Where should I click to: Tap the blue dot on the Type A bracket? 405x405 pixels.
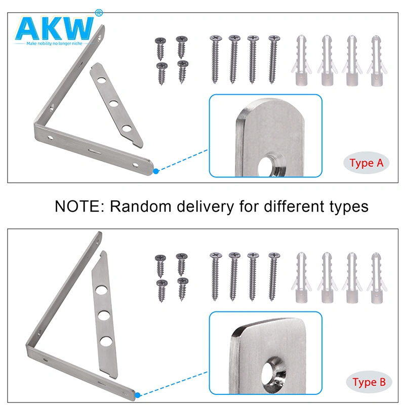pos(156,172)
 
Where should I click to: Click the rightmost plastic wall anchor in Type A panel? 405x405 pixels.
pos(375,61)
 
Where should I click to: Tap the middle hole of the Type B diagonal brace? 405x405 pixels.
pos(104,315)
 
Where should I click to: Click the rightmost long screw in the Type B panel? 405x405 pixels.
pos(273,276)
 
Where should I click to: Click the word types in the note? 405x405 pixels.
pos(345,207)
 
